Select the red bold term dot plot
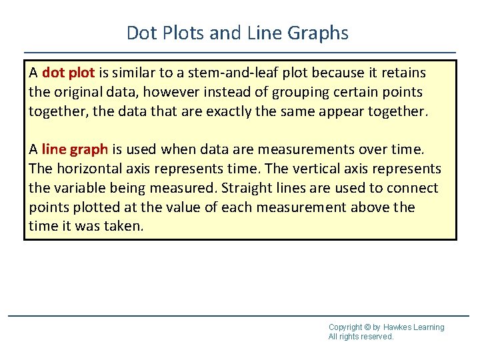(67, 72)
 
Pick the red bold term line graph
(75, 149)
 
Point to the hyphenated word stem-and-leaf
(223, 72)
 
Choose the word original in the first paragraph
(76, 91)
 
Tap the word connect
(415, 188)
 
